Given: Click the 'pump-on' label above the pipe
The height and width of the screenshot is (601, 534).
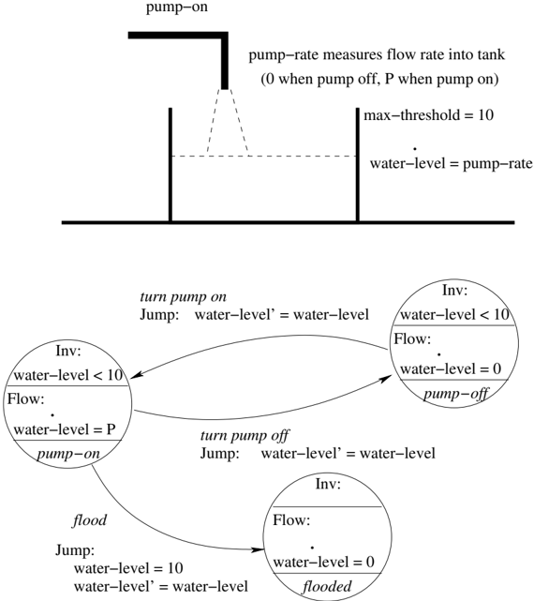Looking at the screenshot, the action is point(177,8).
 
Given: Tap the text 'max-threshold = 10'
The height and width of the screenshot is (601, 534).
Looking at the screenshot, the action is point(429,115).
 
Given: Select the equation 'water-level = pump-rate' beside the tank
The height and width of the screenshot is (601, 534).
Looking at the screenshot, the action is point(452,164).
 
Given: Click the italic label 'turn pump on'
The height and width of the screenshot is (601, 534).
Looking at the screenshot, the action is point(183,297).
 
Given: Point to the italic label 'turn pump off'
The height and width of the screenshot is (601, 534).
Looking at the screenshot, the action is point(245,436).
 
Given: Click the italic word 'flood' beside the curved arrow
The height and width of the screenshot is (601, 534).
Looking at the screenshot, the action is point(90,520).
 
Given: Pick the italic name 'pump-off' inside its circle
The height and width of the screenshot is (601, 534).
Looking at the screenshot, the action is point(456,394).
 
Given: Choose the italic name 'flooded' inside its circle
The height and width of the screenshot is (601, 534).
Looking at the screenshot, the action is point(327,586).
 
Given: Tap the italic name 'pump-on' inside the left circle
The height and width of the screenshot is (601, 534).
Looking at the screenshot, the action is point(68,454).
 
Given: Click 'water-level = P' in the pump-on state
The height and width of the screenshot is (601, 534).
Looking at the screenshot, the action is point(65,429).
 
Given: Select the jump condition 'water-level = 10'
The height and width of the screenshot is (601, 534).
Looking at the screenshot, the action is point(128,568).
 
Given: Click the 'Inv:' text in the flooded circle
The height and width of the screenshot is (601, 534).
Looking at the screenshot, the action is point(328,484).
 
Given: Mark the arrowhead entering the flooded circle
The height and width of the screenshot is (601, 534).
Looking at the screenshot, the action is point(259,550).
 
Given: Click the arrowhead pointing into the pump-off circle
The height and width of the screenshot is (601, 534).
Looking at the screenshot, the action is point(386,379).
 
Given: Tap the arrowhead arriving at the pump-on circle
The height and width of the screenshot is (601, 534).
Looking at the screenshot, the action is point(137,375).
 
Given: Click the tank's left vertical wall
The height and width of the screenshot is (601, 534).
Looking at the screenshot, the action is point(171,165).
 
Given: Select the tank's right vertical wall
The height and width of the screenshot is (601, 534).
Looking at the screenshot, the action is point(357,165).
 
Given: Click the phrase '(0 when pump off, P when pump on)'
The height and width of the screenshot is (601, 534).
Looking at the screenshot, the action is point(379,80).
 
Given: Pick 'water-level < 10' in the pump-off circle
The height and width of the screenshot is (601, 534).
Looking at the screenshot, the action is point(454,315).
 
